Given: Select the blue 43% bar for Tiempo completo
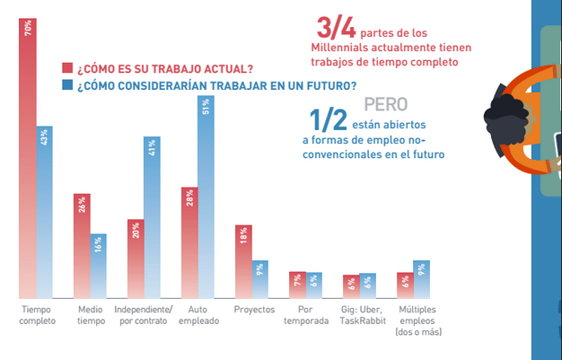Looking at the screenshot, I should (45, 212).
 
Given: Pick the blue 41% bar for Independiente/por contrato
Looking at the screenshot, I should (152, 216).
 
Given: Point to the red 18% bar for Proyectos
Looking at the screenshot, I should (242, 260).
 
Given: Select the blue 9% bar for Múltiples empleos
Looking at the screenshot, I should (421, 278).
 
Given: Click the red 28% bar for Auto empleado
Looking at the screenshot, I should (189, 242).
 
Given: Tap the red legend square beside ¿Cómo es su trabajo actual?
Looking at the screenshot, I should (66, 68).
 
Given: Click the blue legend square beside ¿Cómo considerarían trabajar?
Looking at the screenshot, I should (66, 85).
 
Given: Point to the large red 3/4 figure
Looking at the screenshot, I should (336, 29).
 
